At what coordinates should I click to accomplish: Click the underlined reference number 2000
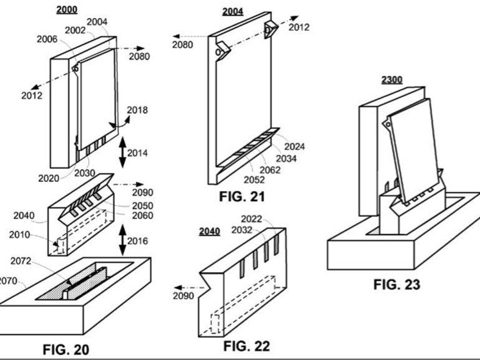coord(67,10)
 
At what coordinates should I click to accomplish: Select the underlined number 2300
coord(392,80)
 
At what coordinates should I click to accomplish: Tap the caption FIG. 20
coord(66,349)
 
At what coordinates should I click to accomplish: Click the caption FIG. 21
coord(242,196)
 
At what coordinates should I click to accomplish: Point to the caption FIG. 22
coord(247,346)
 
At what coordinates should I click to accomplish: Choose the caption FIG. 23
coord(396,285)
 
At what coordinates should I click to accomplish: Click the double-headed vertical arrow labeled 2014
coord(122,153)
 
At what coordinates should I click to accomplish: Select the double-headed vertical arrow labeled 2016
coord(122,240)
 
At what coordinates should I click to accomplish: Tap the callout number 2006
coord(47,39)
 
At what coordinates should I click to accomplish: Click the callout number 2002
coord(75,31)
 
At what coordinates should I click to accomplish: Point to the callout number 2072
coord(21,261)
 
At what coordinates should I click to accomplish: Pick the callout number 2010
coord(19,235)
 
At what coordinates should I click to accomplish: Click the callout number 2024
coord(294,146)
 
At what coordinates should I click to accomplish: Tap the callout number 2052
coord(254,180)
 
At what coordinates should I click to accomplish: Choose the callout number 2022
coord(251,219)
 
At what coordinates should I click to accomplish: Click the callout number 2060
coord(143,216)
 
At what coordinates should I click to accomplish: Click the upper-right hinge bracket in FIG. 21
coord(271,29)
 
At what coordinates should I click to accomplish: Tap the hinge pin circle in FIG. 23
coord(388,125)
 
